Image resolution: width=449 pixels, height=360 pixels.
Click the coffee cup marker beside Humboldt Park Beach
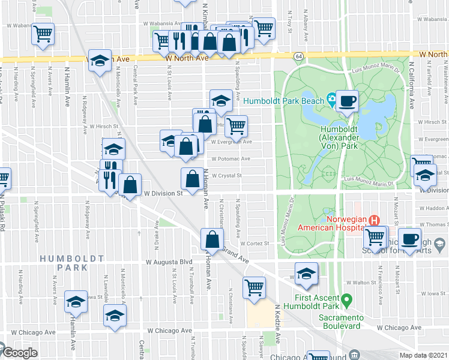coord(347,101)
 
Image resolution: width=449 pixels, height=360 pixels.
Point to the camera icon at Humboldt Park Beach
coord(331,100)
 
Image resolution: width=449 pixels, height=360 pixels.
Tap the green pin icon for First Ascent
coord(345,298)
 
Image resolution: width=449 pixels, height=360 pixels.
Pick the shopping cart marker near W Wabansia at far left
coord(43,34)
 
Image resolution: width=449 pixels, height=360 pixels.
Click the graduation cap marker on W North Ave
coord(100,60)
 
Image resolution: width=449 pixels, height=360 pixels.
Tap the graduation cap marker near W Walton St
coord(306,274)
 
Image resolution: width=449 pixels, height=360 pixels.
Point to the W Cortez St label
coord(254,244)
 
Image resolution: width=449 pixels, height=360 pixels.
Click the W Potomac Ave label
coord(231,159)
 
